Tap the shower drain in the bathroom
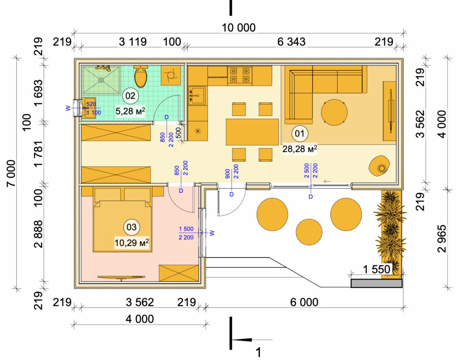tap(101, 80)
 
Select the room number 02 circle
tap(130, 96)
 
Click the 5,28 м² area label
tap(131, 111)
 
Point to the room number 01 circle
tap(300, 133)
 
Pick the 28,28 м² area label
tap(300, 149)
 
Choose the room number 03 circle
tap(131, 227)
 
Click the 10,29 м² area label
tap(131, 243)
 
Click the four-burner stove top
tap(240, 75)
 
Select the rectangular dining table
tap(252, 132)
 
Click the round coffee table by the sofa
tap(334, 112)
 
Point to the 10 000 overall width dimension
tap(239, 28)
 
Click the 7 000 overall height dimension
tap(11, 173)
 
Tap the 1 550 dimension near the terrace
tap(376, 270)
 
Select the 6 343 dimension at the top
tap(291, 42)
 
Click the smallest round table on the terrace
tap(309, 232)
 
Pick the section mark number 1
tap(258, 352)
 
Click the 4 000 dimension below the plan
tap(139, 319)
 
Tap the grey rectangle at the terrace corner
tap(376, 284)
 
